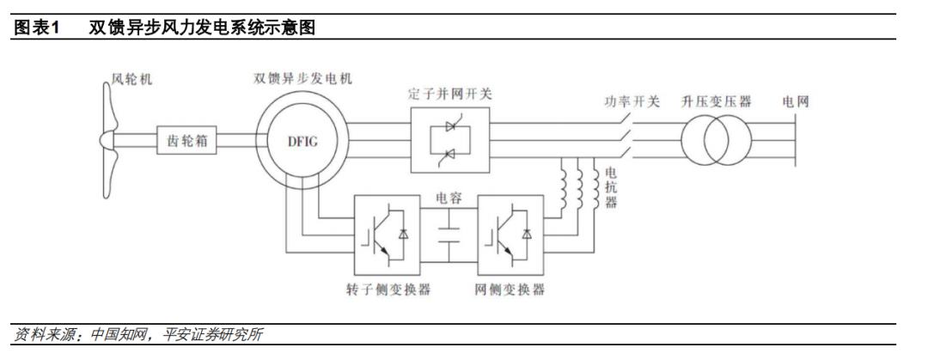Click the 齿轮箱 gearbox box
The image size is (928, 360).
tap(186, 140)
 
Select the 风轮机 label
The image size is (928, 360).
tap(132, 79)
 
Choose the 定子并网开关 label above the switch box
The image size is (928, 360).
tap(450, 95)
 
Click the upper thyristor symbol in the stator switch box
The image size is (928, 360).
tap(449, 126)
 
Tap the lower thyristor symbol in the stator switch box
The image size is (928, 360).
tap(449, 155)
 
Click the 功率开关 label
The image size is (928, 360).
tap(632, 102)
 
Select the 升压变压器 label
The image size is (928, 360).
tap(716, 101)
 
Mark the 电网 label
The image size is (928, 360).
tap(795, 102)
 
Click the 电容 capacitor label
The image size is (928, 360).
tap(449, 198)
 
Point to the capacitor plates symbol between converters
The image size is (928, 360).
tap(449, 235)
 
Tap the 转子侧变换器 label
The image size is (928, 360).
tap(388, 290)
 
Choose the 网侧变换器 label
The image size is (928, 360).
tap(510, 290)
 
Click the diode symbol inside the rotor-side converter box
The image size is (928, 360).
tap(403, 234)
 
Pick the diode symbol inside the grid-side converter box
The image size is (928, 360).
tap(526, 234)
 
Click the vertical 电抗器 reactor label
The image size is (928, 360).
tap(611, 187)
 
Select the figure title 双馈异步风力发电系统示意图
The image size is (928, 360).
tap(202, 27)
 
